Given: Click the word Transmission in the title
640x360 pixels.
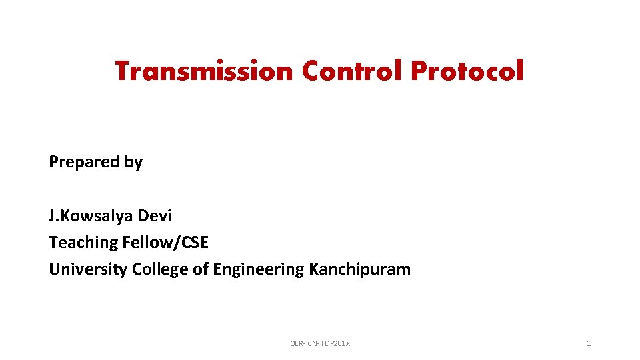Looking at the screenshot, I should [204, 71].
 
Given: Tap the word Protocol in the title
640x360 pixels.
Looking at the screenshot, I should [467, 71].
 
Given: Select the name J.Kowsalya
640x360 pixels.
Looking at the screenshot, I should [91, 216].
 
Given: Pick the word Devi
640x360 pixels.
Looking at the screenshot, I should [155, 216].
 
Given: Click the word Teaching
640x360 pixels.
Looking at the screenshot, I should [83, 243].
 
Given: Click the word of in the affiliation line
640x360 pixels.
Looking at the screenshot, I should [200, 269].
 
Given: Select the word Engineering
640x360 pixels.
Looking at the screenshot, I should [258, 269].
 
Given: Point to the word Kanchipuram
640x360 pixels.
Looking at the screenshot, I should [360, 269].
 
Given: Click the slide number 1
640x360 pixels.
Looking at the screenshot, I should [588, 343].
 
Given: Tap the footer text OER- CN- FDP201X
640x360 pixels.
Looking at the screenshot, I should [320, 343].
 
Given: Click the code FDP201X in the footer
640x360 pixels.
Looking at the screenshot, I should [336, 343].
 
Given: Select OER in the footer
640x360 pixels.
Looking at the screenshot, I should [297, 343].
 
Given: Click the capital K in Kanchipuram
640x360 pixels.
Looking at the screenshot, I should [314, 269].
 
